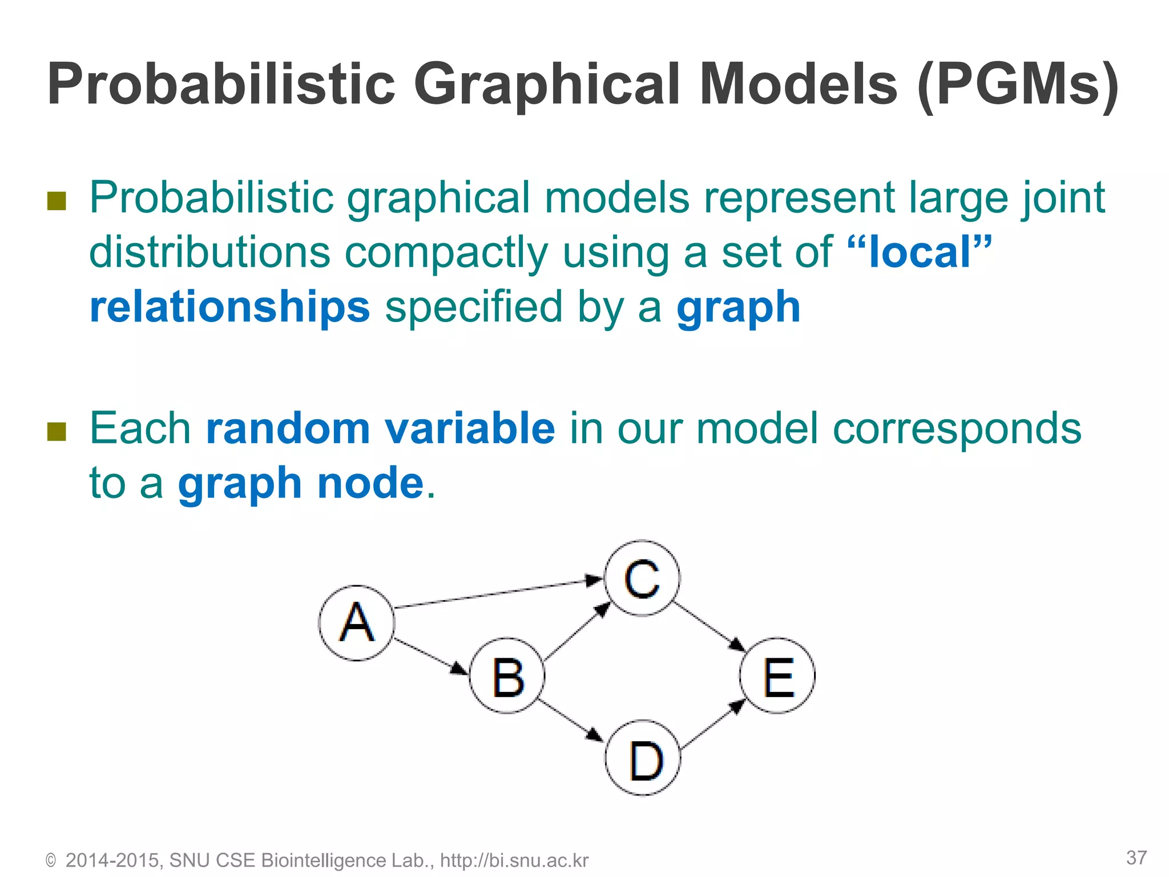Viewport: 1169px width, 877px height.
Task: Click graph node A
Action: pos(357,623)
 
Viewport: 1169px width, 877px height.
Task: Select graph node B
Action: pos(507,676)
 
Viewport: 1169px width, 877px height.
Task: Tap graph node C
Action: pos(642,578)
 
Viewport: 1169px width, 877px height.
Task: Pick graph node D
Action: pos(643,758)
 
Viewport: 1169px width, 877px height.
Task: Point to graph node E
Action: pos(777,676)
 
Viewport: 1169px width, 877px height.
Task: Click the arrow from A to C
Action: pos(497,594)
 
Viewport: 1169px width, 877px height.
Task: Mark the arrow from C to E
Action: pos(709,626)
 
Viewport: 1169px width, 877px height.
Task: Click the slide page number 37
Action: pos(1136,858)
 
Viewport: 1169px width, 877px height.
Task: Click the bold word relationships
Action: pos(230,307)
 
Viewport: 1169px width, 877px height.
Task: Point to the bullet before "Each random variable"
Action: pos(57,432)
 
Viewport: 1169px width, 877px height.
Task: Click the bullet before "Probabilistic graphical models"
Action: pos(57,200)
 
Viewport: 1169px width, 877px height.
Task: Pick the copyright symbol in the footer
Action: pos(51,861)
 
